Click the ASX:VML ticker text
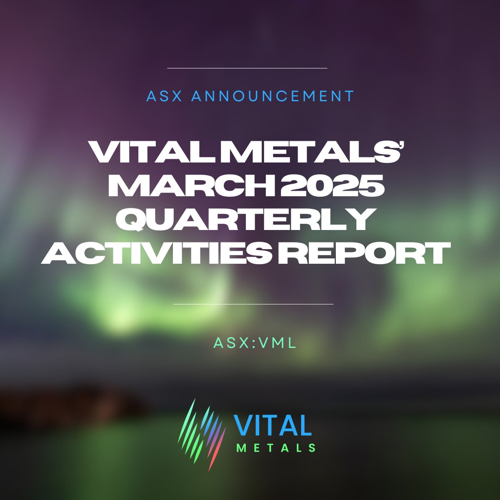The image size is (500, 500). pyautogui.click(x=255, y=342)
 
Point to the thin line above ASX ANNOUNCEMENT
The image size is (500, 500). pyautogui.click(x=247, y=68)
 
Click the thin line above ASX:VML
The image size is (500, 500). pyautogui.click(x=253, y=304)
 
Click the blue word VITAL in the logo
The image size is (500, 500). pyautogui.click(x=273, y=425)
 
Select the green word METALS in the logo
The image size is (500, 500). pyautogui.click(x=275, y=448)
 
